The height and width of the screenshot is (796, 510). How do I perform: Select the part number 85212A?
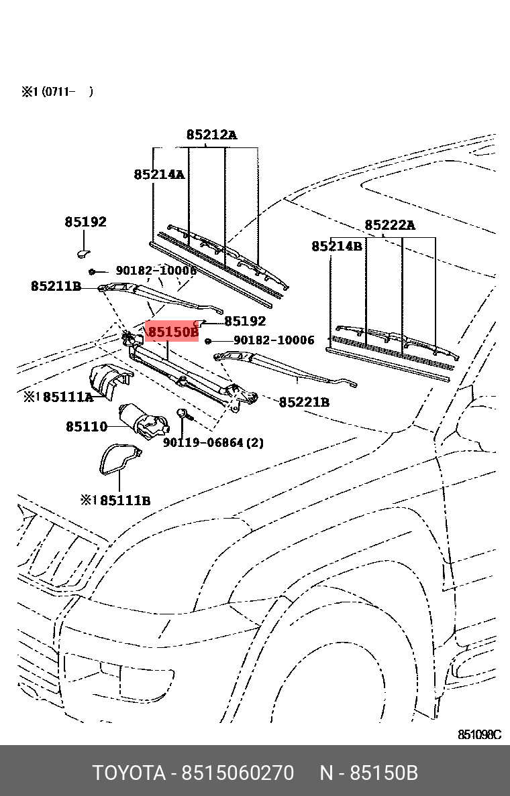pyautogui.click(x=211, y=135)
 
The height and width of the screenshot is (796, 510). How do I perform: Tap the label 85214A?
pyautogui.click(x=159, y=174)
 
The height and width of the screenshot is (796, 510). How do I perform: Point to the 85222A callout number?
pyautogui.click(x=390, y=225)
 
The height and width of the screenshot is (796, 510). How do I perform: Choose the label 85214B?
pyautogui.click(x=337, y=247)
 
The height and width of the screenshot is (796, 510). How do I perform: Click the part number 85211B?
pyautogui.click(x=56, y=286)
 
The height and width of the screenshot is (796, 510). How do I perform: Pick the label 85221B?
pyautogui.click(x=304, y=402)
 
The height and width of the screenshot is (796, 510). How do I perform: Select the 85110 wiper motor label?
pyautogui.click(x=87, y=426)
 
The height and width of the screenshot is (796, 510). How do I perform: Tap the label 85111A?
pyautogui.click(x=68, y=397)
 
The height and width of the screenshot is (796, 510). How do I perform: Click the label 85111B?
pyautogui.click(x=125, y=500)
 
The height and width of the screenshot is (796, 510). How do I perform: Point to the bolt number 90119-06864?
pyautogui.click(x=203, y=442)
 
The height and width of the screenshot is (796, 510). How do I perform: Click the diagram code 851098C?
pyautogui.click(x=479, y=735)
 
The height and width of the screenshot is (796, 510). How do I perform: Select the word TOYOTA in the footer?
pyautogui.click(x=129, y=773)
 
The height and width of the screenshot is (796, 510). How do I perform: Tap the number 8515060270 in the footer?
pyautogui.click(x=238, y=773)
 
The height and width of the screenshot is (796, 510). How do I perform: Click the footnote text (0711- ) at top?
pyautogui.click(x=67, y=92)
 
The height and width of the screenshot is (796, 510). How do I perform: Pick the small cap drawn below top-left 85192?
pyautogui.click(x=83, y=253)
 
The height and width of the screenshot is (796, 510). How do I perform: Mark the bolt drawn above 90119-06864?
pyautogui.click(x=183, y=415)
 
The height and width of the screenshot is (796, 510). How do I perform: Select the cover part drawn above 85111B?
pyautogui.click(x=119, y=460)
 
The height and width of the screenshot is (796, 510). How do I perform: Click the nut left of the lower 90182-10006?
pyautogui.click(x=208, y=341)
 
